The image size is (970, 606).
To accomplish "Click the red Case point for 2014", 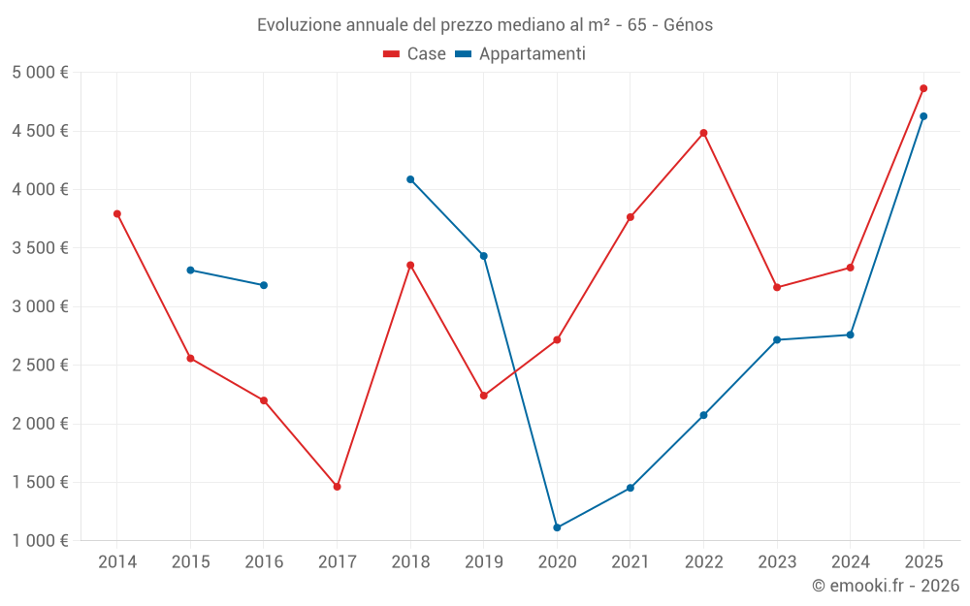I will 117,214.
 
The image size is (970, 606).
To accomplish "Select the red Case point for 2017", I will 337,487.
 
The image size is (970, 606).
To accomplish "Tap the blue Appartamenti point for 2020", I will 557,527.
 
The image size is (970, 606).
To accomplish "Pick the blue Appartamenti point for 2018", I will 410,179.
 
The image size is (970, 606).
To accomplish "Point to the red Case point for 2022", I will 703,133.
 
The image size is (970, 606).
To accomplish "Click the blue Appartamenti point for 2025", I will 923,116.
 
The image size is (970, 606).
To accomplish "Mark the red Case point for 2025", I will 923,88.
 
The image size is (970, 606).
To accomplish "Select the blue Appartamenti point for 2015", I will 190,270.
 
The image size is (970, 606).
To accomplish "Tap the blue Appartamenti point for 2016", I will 264,285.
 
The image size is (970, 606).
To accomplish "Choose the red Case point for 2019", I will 483,396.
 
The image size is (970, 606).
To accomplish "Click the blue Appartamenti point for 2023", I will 777,340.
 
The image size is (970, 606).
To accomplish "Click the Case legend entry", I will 415,54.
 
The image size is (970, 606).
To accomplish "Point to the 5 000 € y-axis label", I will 40,73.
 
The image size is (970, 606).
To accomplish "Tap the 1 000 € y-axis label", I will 40,541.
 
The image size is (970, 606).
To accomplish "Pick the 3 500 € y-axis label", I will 40,248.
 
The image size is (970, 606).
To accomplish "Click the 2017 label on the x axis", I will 337,562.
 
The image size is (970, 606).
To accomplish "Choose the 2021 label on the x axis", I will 630,562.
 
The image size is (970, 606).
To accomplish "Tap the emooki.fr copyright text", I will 886,586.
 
